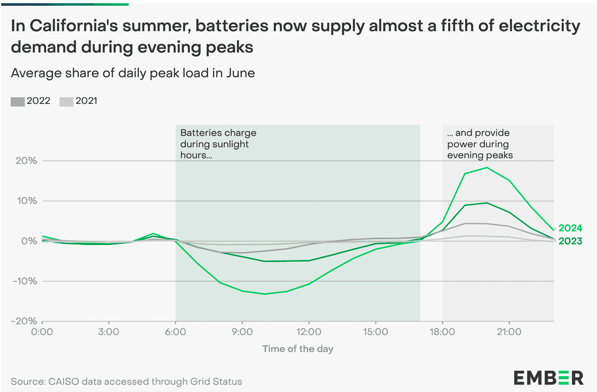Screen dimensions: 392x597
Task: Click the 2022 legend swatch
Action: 17,101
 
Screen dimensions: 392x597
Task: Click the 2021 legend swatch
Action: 65,101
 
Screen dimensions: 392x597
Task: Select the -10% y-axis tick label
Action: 24,281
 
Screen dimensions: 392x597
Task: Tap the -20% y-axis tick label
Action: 24,321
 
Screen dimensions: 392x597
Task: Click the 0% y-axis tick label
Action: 28,241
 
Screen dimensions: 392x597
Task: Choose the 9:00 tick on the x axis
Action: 242,332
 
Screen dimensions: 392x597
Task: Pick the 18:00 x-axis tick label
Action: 442,332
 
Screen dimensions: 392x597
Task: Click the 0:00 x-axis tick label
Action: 42,332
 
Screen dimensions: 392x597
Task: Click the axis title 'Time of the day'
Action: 298,349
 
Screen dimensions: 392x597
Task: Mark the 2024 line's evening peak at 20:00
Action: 487,168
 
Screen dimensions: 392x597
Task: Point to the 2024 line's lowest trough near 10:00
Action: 265,294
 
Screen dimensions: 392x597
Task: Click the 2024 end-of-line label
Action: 570,228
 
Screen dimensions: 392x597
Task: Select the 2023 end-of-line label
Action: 570,241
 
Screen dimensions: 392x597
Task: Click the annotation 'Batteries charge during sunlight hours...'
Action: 218,144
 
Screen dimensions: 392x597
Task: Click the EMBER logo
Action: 549,377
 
